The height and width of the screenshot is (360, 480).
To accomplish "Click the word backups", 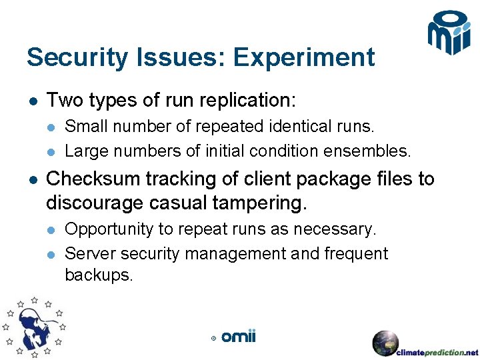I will [99, 275].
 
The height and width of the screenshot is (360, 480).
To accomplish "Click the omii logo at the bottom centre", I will [238, 337].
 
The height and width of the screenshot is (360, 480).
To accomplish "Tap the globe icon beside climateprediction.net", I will [385, 343].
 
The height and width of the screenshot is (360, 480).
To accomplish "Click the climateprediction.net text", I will [437, 352].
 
